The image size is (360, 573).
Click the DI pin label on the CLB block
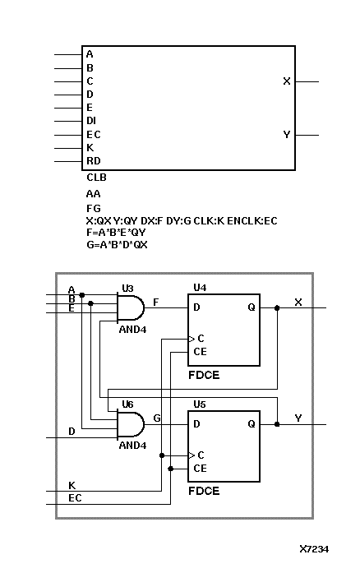pyautogui.click(x=91, y=121)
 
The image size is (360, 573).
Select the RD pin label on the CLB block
pyautogui.click(x=93, y=161)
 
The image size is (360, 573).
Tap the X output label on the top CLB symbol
pyautogui.click(x=286, y=81)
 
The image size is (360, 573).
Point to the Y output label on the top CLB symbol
pyautogui.click(x=286, y=134)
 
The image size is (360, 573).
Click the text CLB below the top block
pyautogui.click(x=96, y=177)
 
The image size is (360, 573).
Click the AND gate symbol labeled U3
pyautogui.click(x=130, y=308)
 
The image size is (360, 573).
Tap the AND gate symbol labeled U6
pyautogui.click(x=130, y=425)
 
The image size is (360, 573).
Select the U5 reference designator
pyautogui.click(x=200, y=404)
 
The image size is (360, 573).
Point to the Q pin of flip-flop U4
pyautogui.click(x=251, y=308)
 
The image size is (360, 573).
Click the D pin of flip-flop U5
pyautogui.click(x=196, y=425)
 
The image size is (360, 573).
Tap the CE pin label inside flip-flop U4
pyautogui.click(x=201, y=351)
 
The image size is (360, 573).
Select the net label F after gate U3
pyautogui.click(x=156, y=302)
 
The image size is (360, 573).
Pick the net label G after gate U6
pyautogui.click(x=156, y=418)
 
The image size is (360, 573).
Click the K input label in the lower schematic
pyautogui.click(x=72, y=485)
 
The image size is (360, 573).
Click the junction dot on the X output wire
pyautogui.click(x=278, y=308)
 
